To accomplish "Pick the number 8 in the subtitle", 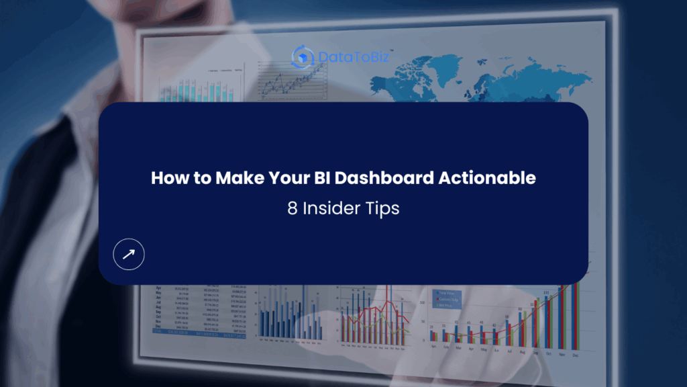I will [x=292, y=208].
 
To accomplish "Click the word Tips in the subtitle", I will [x=382, y=208].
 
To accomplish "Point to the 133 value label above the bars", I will [x=547, y=292].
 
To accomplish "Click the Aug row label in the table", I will [x=158, y=307].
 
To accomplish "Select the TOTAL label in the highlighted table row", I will [x=158, y=331].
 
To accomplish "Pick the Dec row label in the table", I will [x=158, y=326].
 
